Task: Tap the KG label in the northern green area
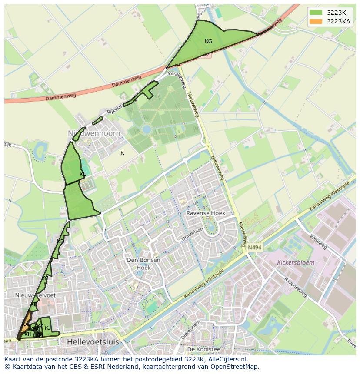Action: [x=208, y=41]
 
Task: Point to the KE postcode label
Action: [x=83, y=174]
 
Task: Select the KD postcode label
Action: [x=60, y=242]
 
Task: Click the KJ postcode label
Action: [x=48, y=328]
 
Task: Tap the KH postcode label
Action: [x=28, y=334]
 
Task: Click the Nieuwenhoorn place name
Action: [x=94, y=133]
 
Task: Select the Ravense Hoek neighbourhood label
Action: [x=206, y=213]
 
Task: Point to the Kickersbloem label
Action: [x=296, y=263]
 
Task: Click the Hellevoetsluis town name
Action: [x=93, y=342]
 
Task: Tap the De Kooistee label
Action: [x=203, y=349]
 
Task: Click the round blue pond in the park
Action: [x=147, y=129]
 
